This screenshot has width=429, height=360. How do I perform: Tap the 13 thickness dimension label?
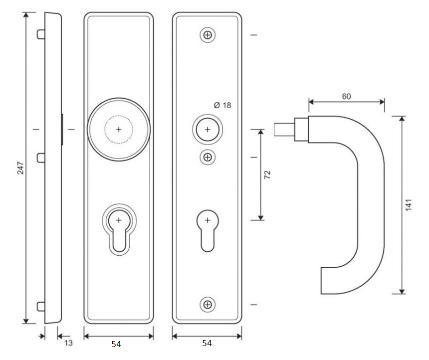(x=68, y=343)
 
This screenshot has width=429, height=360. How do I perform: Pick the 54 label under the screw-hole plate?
(x=206, y=344)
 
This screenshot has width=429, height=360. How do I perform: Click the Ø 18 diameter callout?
(x=223, y=105)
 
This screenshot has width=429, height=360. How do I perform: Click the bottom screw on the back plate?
(x=207, y=304)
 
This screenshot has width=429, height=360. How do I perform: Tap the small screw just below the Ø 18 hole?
(x=207, y=158)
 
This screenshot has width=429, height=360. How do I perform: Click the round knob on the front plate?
(x=118, y=129)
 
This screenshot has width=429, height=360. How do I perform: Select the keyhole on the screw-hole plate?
(x=207, y=229)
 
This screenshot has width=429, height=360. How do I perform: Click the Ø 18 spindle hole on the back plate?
(x=207, y=129)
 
